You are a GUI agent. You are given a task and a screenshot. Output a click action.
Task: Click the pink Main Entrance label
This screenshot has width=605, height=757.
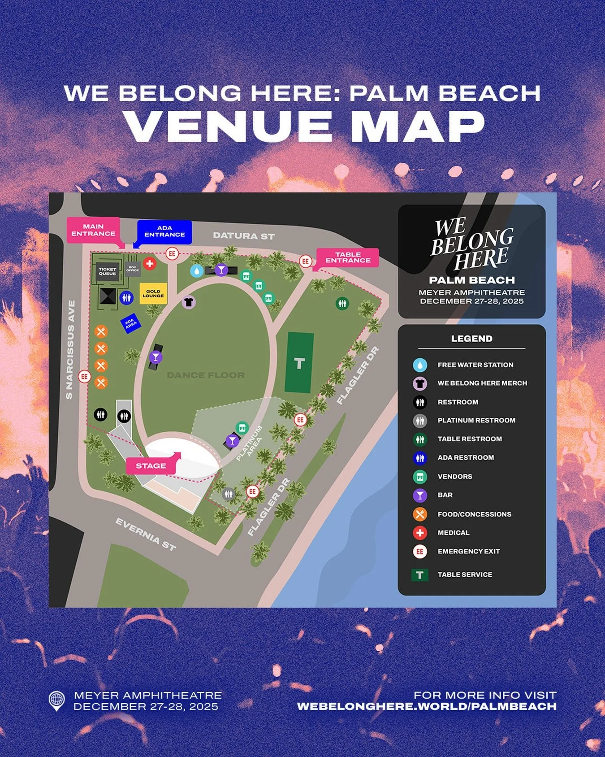coord(93,230)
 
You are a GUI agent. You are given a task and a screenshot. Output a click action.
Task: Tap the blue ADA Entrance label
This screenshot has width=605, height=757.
coord(164,231)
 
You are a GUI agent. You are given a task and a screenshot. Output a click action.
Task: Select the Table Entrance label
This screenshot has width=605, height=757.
coord(348,257)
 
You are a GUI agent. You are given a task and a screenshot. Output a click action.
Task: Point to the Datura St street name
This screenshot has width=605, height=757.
coord(244,236)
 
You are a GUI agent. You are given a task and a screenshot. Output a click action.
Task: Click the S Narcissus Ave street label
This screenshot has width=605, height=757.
coord(70,350)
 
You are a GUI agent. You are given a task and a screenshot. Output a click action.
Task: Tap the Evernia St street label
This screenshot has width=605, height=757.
coord(146,534)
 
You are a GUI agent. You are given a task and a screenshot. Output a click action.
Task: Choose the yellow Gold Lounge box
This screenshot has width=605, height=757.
coord(153,294)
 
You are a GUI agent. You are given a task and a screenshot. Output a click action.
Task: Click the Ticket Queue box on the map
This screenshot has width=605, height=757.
coord(108,271)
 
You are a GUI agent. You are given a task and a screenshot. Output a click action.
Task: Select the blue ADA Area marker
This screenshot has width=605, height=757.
coord(130,323)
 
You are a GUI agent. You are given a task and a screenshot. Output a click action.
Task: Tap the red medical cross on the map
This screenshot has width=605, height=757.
coord(150,264)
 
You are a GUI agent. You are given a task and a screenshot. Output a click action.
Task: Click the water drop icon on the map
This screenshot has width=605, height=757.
coord(196,271)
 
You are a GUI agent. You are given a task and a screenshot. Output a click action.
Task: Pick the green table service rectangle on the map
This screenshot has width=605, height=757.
coord(299,362)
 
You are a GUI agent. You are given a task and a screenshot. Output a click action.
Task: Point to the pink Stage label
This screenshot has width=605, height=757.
coord(151,466)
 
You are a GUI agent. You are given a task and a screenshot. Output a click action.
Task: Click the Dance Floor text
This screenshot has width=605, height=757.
coord(206,375)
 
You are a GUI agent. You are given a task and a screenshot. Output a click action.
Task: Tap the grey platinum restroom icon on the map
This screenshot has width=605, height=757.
coord(229,494)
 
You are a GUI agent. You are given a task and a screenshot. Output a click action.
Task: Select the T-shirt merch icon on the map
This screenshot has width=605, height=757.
coord(189,302)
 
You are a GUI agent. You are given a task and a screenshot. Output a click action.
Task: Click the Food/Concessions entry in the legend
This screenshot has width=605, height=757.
coord(474,514)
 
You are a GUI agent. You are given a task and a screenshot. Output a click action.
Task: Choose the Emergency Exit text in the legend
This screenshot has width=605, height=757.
coord(468,551)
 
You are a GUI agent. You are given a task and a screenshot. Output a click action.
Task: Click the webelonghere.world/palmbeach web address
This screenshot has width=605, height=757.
coord(427,706)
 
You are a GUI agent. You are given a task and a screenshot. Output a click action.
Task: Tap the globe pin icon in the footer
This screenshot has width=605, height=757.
coord(56,700)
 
